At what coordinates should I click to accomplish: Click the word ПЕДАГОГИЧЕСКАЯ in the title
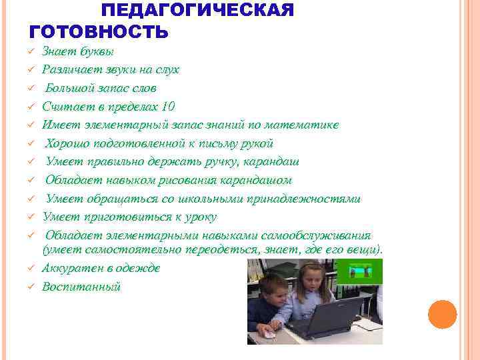tap(197, 11)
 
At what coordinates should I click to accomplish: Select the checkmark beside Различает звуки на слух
tap(31, 69)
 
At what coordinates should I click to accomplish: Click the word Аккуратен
tap(70, 268)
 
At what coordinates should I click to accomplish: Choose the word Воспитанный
tap(81, 287)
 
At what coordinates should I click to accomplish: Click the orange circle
tap(442, 315)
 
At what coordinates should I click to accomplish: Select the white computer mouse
tap(269, 334)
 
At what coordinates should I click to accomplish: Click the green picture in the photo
tap(359, 271)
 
